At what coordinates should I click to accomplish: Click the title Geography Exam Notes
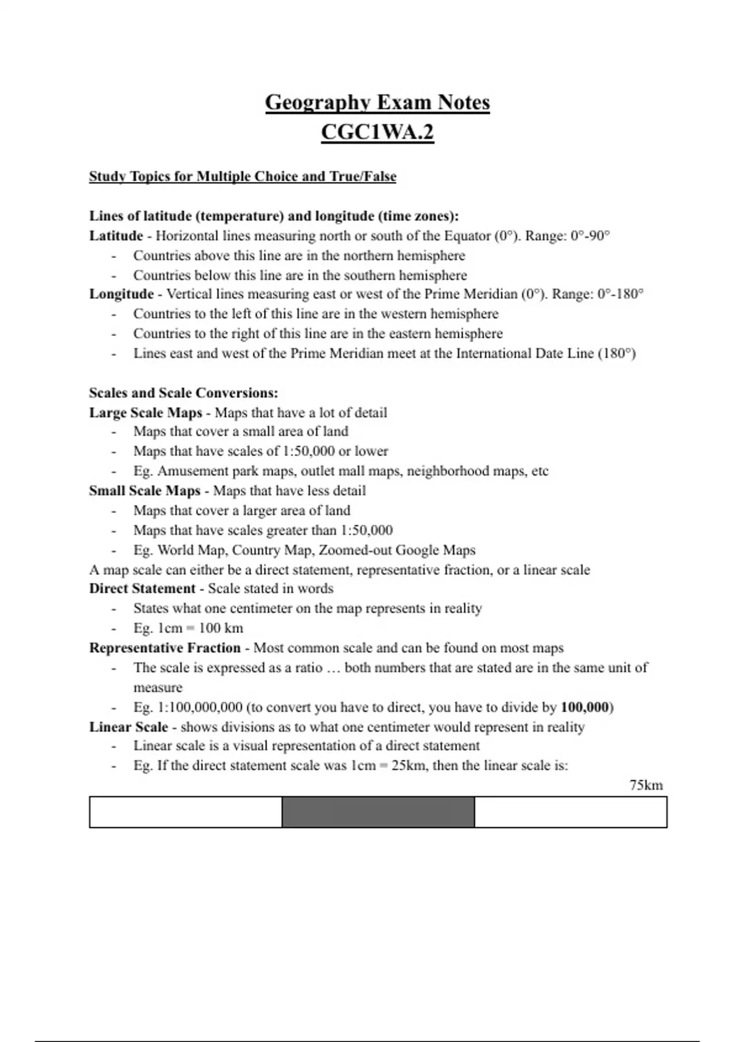(x=377, y=102)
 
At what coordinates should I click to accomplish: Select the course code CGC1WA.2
(x=377, y=132)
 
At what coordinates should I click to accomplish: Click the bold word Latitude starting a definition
(x=116, y=236)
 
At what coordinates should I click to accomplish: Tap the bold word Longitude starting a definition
(x=121, y=294)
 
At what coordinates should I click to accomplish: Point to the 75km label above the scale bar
(x=646, y=785)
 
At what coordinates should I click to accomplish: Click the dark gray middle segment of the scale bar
(x=378, y=812)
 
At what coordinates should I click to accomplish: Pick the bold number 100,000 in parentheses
(x=585, y=707)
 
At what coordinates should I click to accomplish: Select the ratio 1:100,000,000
(x=200, y=707)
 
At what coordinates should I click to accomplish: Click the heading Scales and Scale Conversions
(x=183, y=393)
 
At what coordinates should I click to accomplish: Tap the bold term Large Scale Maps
(x=146, y=413)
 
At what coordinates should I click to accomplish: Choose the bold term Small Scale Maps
(x=145, y=491)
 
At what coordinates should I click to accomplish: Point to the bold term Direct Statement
(x=142, y=588)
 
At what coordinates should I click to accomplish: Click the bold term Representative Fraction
(x=165, y=648)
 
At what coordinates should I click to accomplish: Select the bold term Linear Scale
(x=129, y=727)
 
